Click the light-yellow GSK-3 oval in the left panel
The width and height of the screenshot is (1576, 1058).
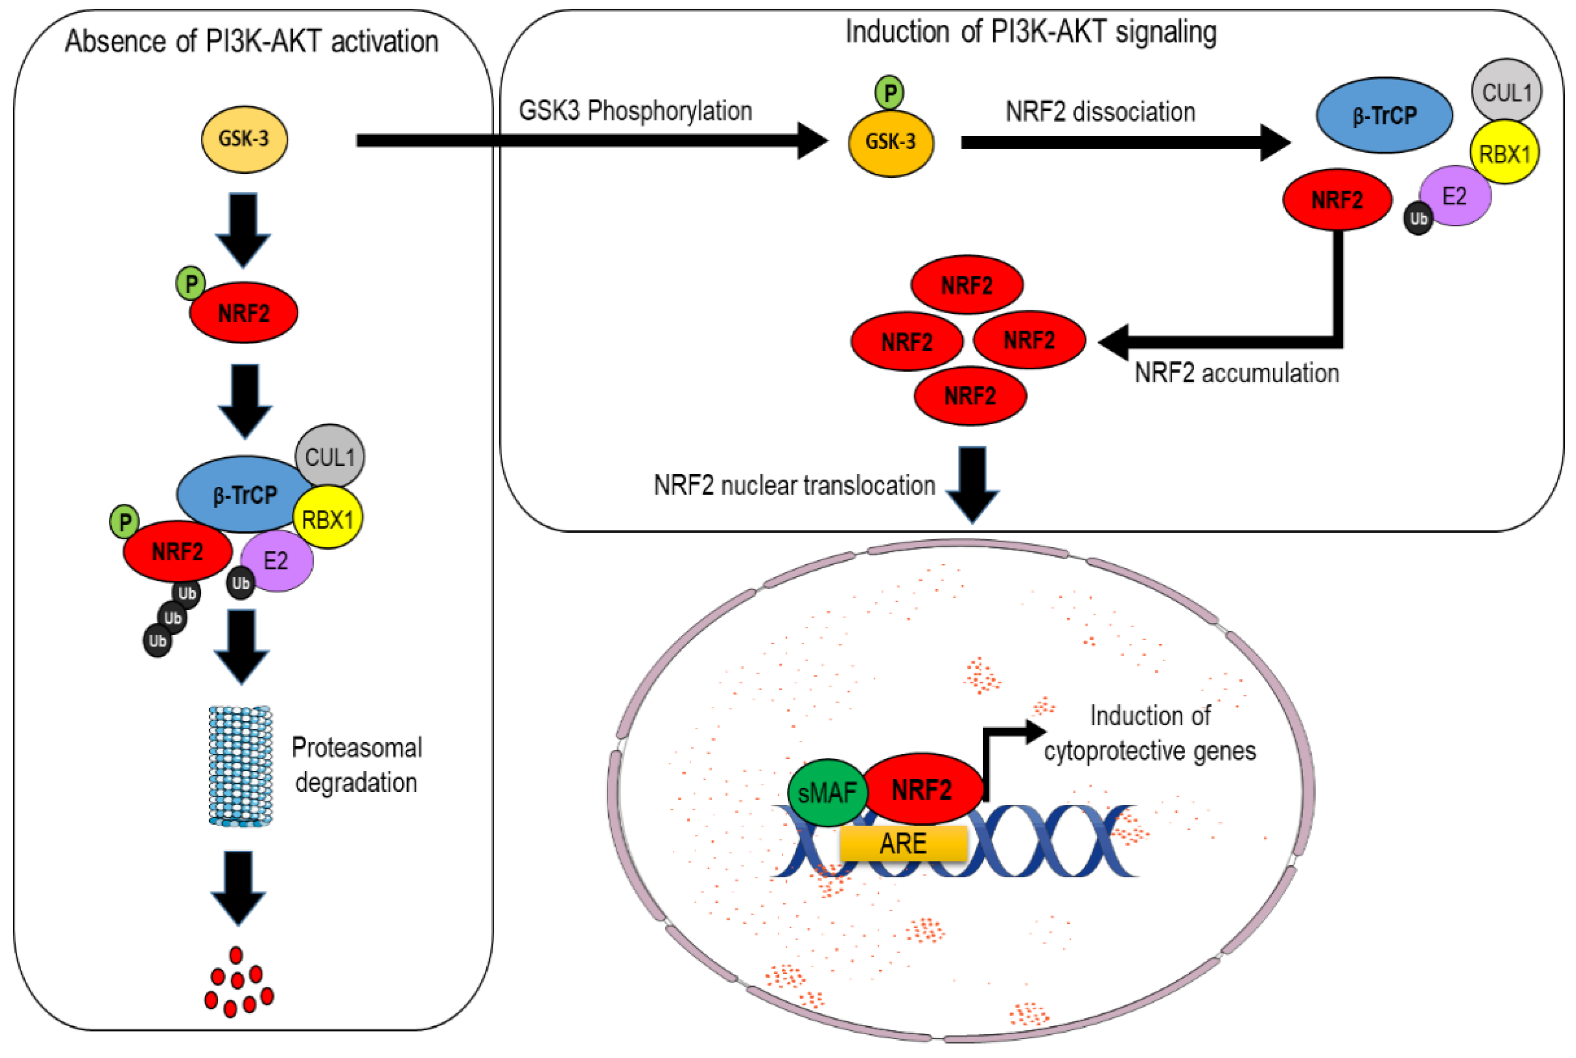point(244,139)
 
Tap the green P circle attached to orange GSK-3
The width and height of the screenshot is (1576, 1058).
point(890,93)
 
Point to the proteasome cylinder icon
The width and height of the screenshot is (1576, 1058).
point(241,766)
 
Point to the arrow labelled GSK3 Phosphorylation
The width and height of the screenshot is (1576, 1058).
point(592,140)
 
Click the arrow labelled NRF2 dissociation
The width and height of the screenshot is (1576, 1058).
point(1125,142)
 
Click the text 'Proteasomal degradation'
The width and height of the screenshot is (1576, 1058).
point(357,765)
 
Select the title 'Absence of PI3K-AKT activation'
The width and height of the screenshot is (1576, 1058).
point(252,41)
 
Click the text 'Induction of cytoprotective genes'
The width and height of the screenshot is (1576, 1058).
point(1150,733)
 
